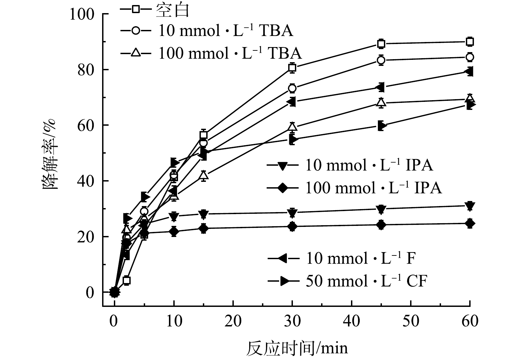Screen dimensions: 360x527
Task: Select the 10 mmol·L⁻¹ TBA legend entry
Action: pyautogui.click(x=207, y=31)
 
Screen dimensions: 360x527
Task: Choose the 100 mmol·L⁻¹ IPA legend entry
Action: pyautogui.click(x=354, y=188)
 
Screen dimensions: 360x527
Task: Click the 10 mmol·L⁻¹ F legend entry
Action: pyautogui.click(x=342, y=258)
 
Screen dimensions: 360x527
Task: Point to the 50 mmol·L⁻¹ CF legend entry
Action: pyautogui.click(x=348, y=281)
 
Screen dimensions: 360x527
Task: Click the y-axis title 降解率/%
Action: pyautogui.click(x=50, y=155)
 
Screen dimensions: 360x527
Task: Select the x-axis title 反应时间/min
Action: pyautogui.click(x=297, y=348)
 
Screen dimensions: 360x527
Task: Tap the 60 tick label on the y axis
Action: pyautogui.click(x=85, y=125)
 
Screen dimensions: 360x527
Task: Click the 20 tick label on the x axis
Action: pyautogui.click(x=233, y=321)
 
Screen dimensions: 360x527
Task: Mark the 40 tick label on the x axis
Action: pyautogui.click(x=351, y=321)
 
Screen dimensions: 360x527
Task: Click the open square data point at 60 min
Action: pyautogui.click(x=470, y=42)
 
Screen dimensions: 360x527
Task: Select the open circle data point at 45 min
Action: pyautogui.click(x=381, y=60)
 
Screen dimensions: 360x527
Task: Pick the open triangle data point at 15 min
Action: pyautogui.click(x=204, y=175)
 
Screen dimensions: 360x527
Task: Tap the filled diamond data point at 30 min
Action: pyautogui.click(x=292, y=226)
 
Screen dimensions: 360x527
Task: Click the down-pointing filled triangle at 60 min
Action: pyautogui.click(x=470, y=205)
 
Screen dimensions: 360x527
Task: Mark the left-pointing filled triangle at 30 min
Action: pyautogui.click(x=292, y=102)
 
